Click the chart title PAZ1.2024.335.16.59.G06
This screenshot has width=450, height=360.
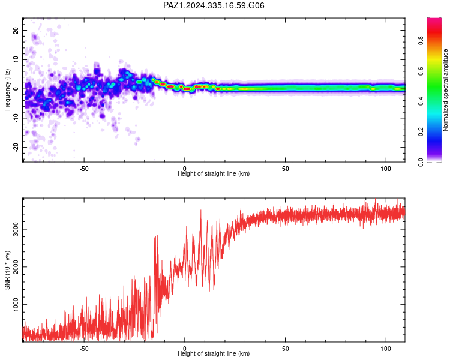214,5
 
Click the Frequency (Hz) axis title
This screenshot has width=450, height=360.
7,90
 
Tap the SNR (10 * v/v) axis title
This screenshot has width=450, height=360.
7,270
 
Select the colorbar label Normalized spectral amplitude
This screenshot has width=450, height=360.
445,90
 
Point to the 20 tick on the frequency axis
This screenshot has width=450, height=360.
16,30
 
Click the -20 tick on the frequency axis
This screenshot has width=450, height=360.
16,147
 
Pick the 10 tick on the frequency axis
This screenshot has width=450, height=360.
16,59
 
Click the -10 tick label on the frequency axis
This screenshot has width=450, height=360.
16,118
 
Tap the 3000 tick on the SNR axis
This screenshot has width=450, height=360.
16,229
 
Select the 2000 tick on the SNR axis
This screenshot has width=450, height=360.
16,266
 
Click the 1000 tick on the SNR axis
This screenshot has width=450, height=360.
16,305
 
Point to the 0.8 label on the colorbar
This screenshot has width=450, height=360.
421,41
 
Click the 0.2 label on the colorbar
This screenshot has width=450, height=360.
421,132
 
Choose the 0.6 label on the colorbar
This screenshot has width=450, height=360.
421,71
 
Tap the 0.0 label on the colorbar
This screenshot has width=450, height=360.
421,162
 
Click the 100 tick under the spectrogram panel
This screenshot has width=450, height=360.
386,169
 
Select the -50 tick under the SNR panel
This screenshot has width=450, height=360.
84,349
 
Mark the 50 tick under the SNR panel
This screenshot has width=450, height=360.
285,349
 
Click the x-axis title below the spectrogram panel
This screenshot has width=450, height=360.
214,173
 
